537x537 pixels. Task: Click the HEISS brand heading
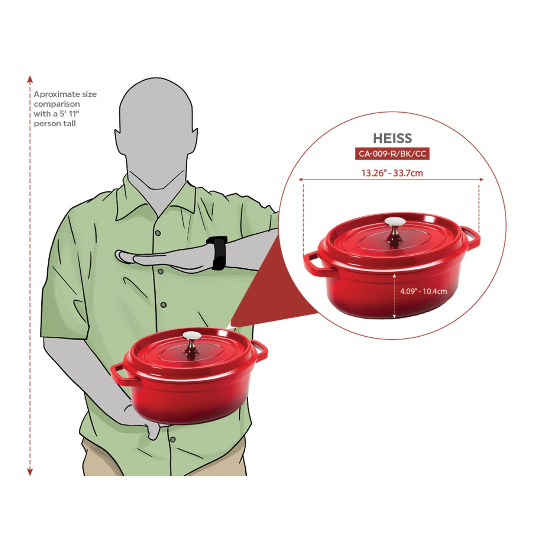pos(392,139)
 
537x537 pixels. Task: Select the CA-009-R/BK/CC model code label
pos(392,154)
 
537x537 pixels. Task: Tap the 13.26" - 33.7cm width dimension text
pos(392,173)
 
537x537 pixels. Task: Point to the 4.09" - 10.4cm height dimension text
pos(423,291)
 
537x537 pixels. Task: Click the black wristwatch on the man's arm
pos(218,253)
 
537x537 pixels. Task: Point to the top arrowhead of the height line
pos(30,79)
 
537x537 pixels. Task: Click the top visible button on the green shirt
pos(158,233)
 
